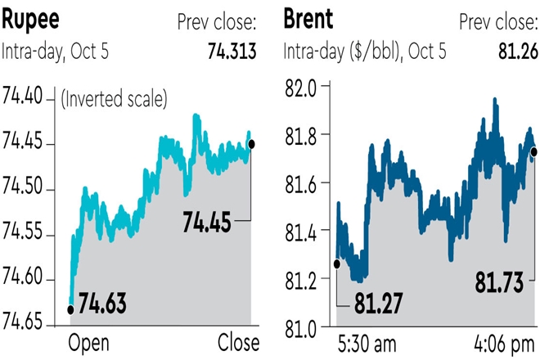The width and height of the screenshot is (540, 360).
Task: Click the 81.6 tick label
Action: pyautogui.click(x=299, y=186)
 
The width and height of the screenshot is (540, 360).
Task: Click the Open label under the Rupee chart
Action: pyautogui.click(x=89, y=343)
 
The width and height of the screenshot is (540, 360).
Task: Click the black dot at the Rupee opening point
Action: pyautogui.click(x=70, y=310)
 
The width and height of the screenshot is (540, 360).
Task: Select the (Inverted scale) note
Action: pyautogui.click(x=115, y=101)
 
